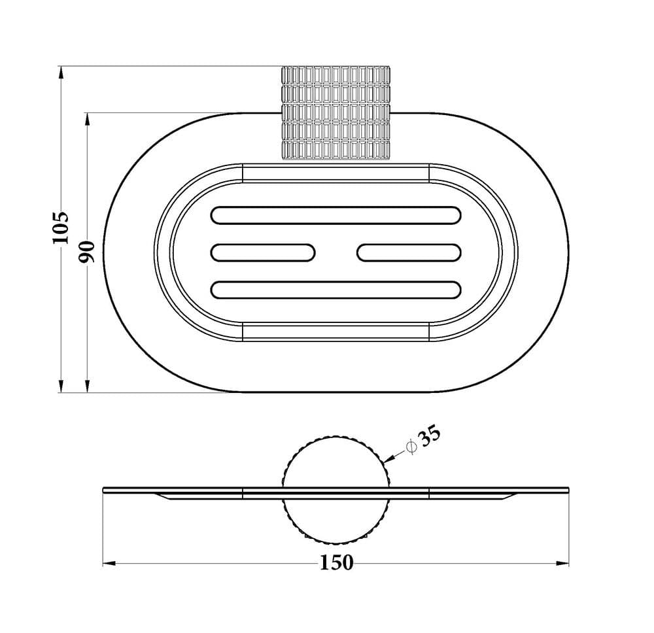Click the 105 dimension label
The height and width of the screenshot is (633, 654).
point(60,228)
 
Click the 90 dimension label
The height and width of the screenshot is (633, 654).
point(88,252)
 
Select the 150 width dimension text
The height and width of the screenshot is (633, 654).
point(337,562)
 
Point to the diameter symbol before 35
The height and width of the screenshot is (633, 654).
point(411,447)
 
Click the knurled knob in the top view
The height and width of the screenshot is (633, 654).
point(336,112)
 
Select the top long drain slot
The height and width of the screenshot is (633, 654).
point(336,215)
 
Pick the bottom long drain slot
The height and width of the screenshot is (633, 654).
point(336,290)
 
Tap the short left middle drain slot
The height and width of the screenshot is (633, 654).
point(263,252)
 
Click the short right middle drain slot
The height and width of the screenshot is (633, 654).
point(409,252)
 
